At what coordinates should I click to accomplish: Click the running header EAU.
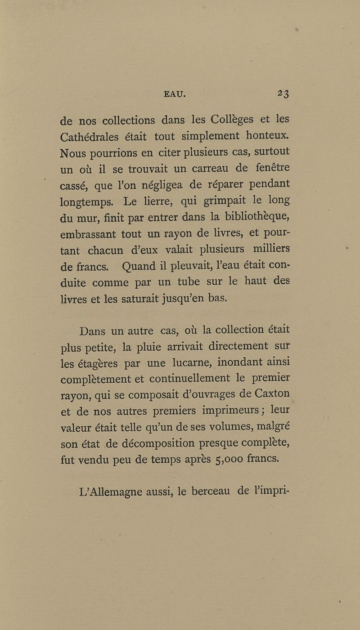(x=175, y=94)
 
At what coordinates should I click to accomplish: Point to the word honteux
(x=265, y=135)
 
